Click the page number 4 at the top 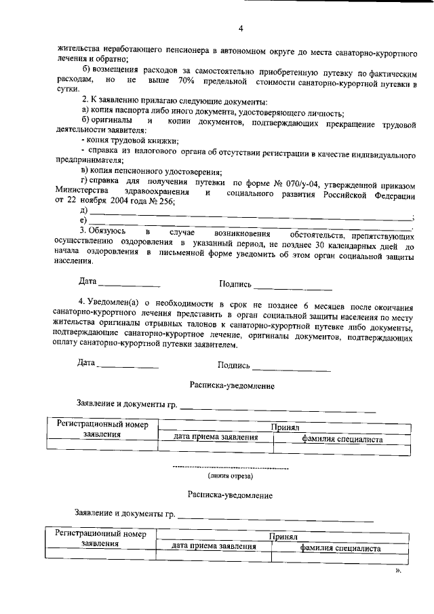click(241, 28)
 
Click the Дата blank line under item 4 click(130, 367)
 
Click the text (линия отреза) click(231, 476)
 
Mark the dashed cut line click(231, 468)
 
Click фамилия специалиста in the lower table click(341, 548)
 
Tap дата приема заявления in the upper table click(216, 438)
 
